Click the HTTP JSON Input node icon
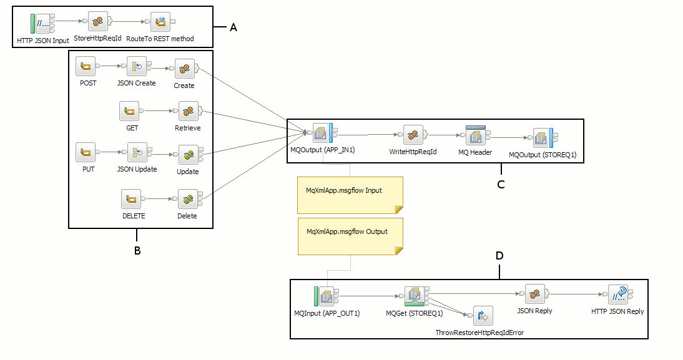42,23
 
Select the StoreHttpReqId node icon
98,22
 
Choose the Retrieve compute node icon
187,112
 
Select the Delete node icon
187,200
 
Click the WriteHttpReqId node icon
413,134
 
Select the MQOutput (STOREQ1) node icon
542,137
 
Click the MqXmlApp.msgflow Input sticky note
350,195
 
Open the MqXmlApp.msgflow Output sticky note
350,236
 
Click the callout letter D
499,255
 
